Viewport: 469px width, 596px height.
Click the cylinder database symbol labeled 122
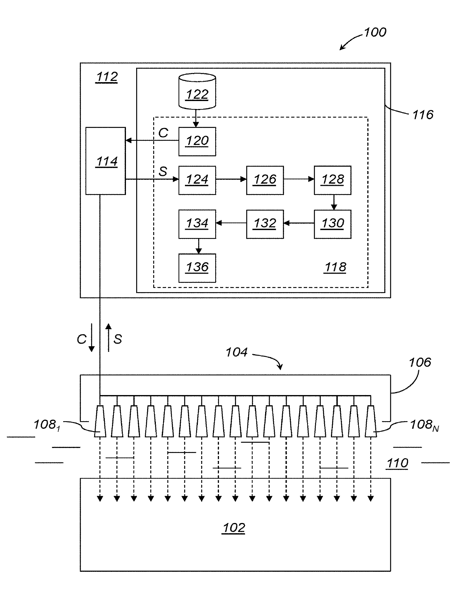197,91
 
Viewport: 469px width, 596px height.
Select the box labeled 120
197,141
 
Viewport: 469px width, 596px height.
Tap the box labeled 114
106,161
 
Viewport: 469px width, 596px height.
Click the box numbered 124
197,180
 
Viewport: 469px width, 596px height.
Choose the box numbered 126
265,180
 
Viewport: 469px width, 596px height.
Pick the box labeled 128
332,180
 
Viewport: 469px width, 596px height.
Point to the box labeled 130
332,224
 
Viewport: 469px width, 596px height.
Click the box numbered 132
265,224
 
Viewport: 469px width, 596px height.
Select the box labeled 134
197,224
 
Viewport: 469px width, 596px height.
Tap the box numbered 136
197,268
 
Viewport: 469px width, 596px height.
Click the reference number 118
335,267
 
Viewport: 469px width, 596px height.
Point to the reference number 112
107,77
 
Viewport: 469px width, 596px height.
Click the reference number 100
375,33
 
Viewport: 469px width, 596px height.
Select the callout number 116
423,115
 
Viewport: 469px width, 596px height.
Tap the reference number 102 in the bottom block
233,528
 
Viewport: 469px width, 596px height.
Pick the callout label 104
236,352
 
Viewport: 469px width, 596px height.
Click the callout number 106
420,362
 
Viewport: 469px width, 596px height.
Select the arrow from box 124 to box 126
231,179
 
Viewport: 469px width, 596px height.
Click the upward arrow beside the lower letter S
109,338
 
